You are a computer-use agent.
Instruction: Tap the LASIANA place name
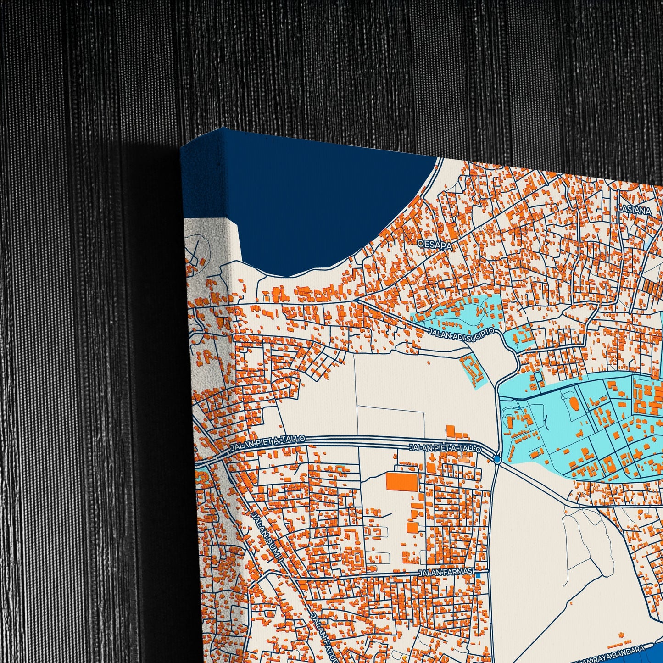pos(635,211)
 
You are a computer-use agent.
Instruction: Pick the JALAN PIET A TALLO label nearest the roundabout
pos(445,448)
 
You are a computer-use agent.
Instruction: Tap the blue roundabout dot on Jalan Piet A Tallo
pos(497,459)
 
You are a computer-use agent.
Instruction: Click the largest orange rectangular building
pos(402,482)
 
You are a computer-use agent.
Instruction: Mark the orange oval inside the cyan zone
pos(574,404)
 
